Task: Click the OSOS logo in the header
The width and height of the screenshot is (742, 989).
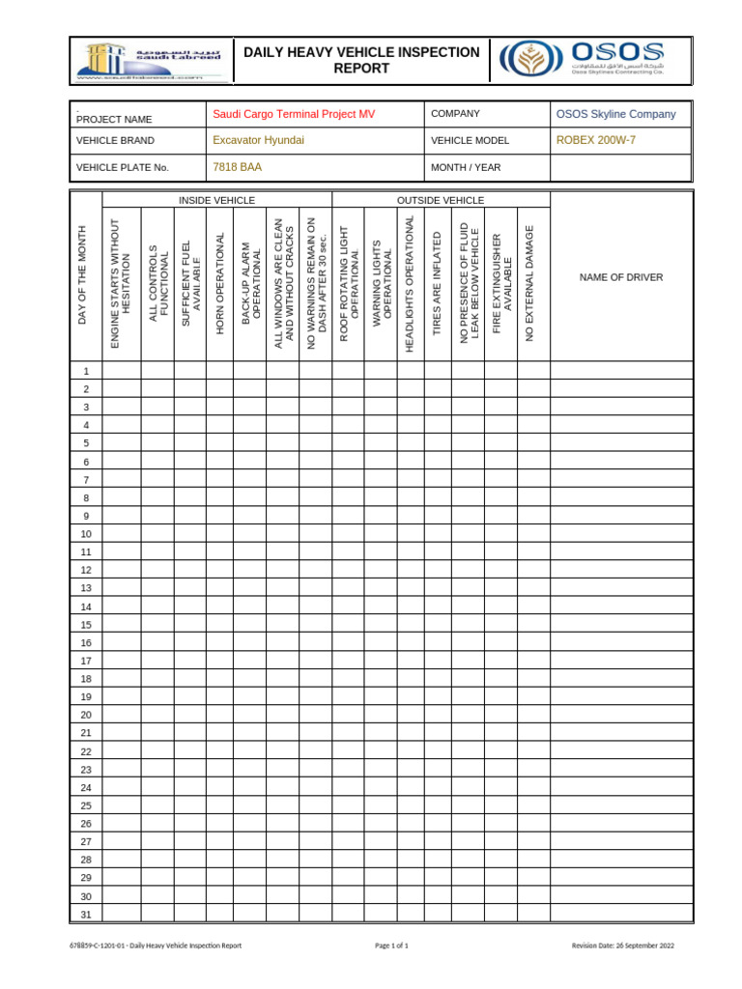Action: [x=582, y=60]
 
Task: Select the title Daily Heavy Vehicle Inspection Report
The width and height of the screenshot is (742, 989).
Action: [x=361, y=60]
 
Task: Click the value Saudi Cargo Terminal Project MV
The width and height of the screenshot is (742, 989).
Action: [x=294, y=114]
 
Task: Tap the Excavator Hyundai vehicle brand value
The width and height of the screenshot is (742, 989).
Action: [x=258, y=140]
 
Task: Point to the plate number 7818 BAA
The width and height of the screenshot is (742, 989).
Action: [x=237, y=167]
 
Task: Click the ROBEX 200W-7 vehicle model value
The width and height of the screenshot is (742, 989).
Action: [x=596, y=140]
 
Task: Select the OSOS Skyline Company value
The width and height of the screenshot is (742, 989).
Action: [x=616, y=114]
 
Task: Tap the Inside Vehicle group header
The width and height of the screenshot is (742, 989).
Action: [x=216, y=200]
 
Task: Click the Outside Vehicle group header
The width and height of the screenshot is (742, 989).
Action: [x=441, y=200]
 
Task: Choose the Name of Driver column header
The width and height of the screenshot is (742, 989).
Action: [x=621, y=278]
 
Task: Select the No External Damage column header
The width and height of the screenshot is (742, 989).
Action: [x=528, y=283]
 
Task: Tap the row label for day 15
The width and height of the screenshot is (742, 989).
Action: [x=86, y=624]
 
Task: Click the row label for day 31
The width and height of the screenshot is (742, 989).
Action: [x=86, y=914]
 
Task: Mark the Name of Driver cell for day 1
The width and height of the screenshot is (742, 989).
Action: [x=621, y=371]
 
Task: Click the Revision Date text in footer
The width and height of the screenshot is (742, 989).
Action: [x=622, y=946]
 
